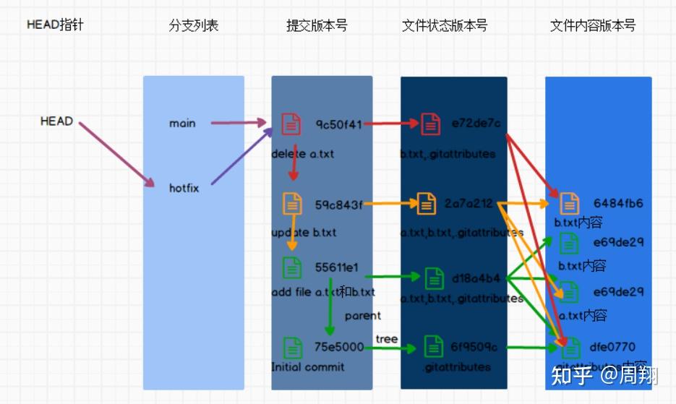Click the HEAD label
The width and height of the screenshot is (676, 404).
point(56,121)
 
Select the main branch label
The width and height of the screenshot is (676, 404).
point(182,124)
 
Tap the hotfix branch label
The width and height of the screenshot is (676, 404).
point(184,188)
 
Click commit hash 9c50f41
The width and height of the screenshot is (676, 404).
point(338,124)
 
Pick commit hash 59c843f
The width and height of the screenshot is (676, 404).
point(338,205)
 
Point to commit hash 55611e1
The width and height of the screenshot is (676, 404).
point(336,267)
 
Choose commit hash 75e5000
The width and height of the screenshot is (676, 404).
point(339,347)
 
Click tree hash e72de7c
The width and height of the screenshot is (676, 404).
point(476,124)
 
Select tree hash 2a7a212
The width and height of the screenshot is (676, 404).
point(469,205)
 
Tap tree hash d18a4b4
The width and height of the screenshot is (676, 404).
point(476,278)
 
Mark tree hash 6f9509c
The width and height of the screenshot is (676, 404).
point(474,348)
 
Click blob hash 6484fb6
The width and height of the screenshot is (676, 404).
point(618,204)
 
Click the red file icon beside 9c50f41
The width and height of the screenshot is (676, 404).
point(291,124)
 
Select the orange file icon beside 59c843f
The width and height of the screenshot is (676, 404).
point(292,204)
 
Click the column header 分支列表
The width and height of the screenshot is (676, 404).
point(193,26)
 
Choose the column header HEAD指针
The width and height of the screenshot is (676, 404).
point(56,25)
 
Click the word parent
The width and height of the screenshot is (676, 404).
point(362,316)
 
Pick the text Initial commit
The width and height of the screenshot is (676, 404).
point(307,366)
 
